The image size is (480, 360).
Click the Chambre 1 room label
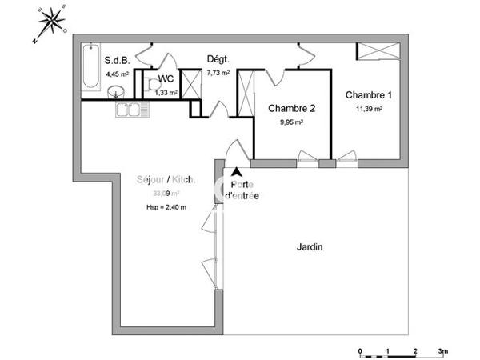[x=364, y=94]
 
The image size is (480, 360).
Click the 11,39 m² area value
[x=364, y=108]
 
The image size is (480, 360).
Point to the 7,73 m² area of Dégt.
[x=218, y=73]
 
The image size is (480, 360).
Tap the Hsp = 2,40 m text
[x=166, y=207]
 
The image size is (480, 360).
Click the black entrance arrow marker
[x=237, y=170]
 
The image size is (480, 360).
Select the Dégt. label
[x=218, y=59]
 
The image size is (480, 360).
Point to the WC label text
[x=166, y=78]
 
